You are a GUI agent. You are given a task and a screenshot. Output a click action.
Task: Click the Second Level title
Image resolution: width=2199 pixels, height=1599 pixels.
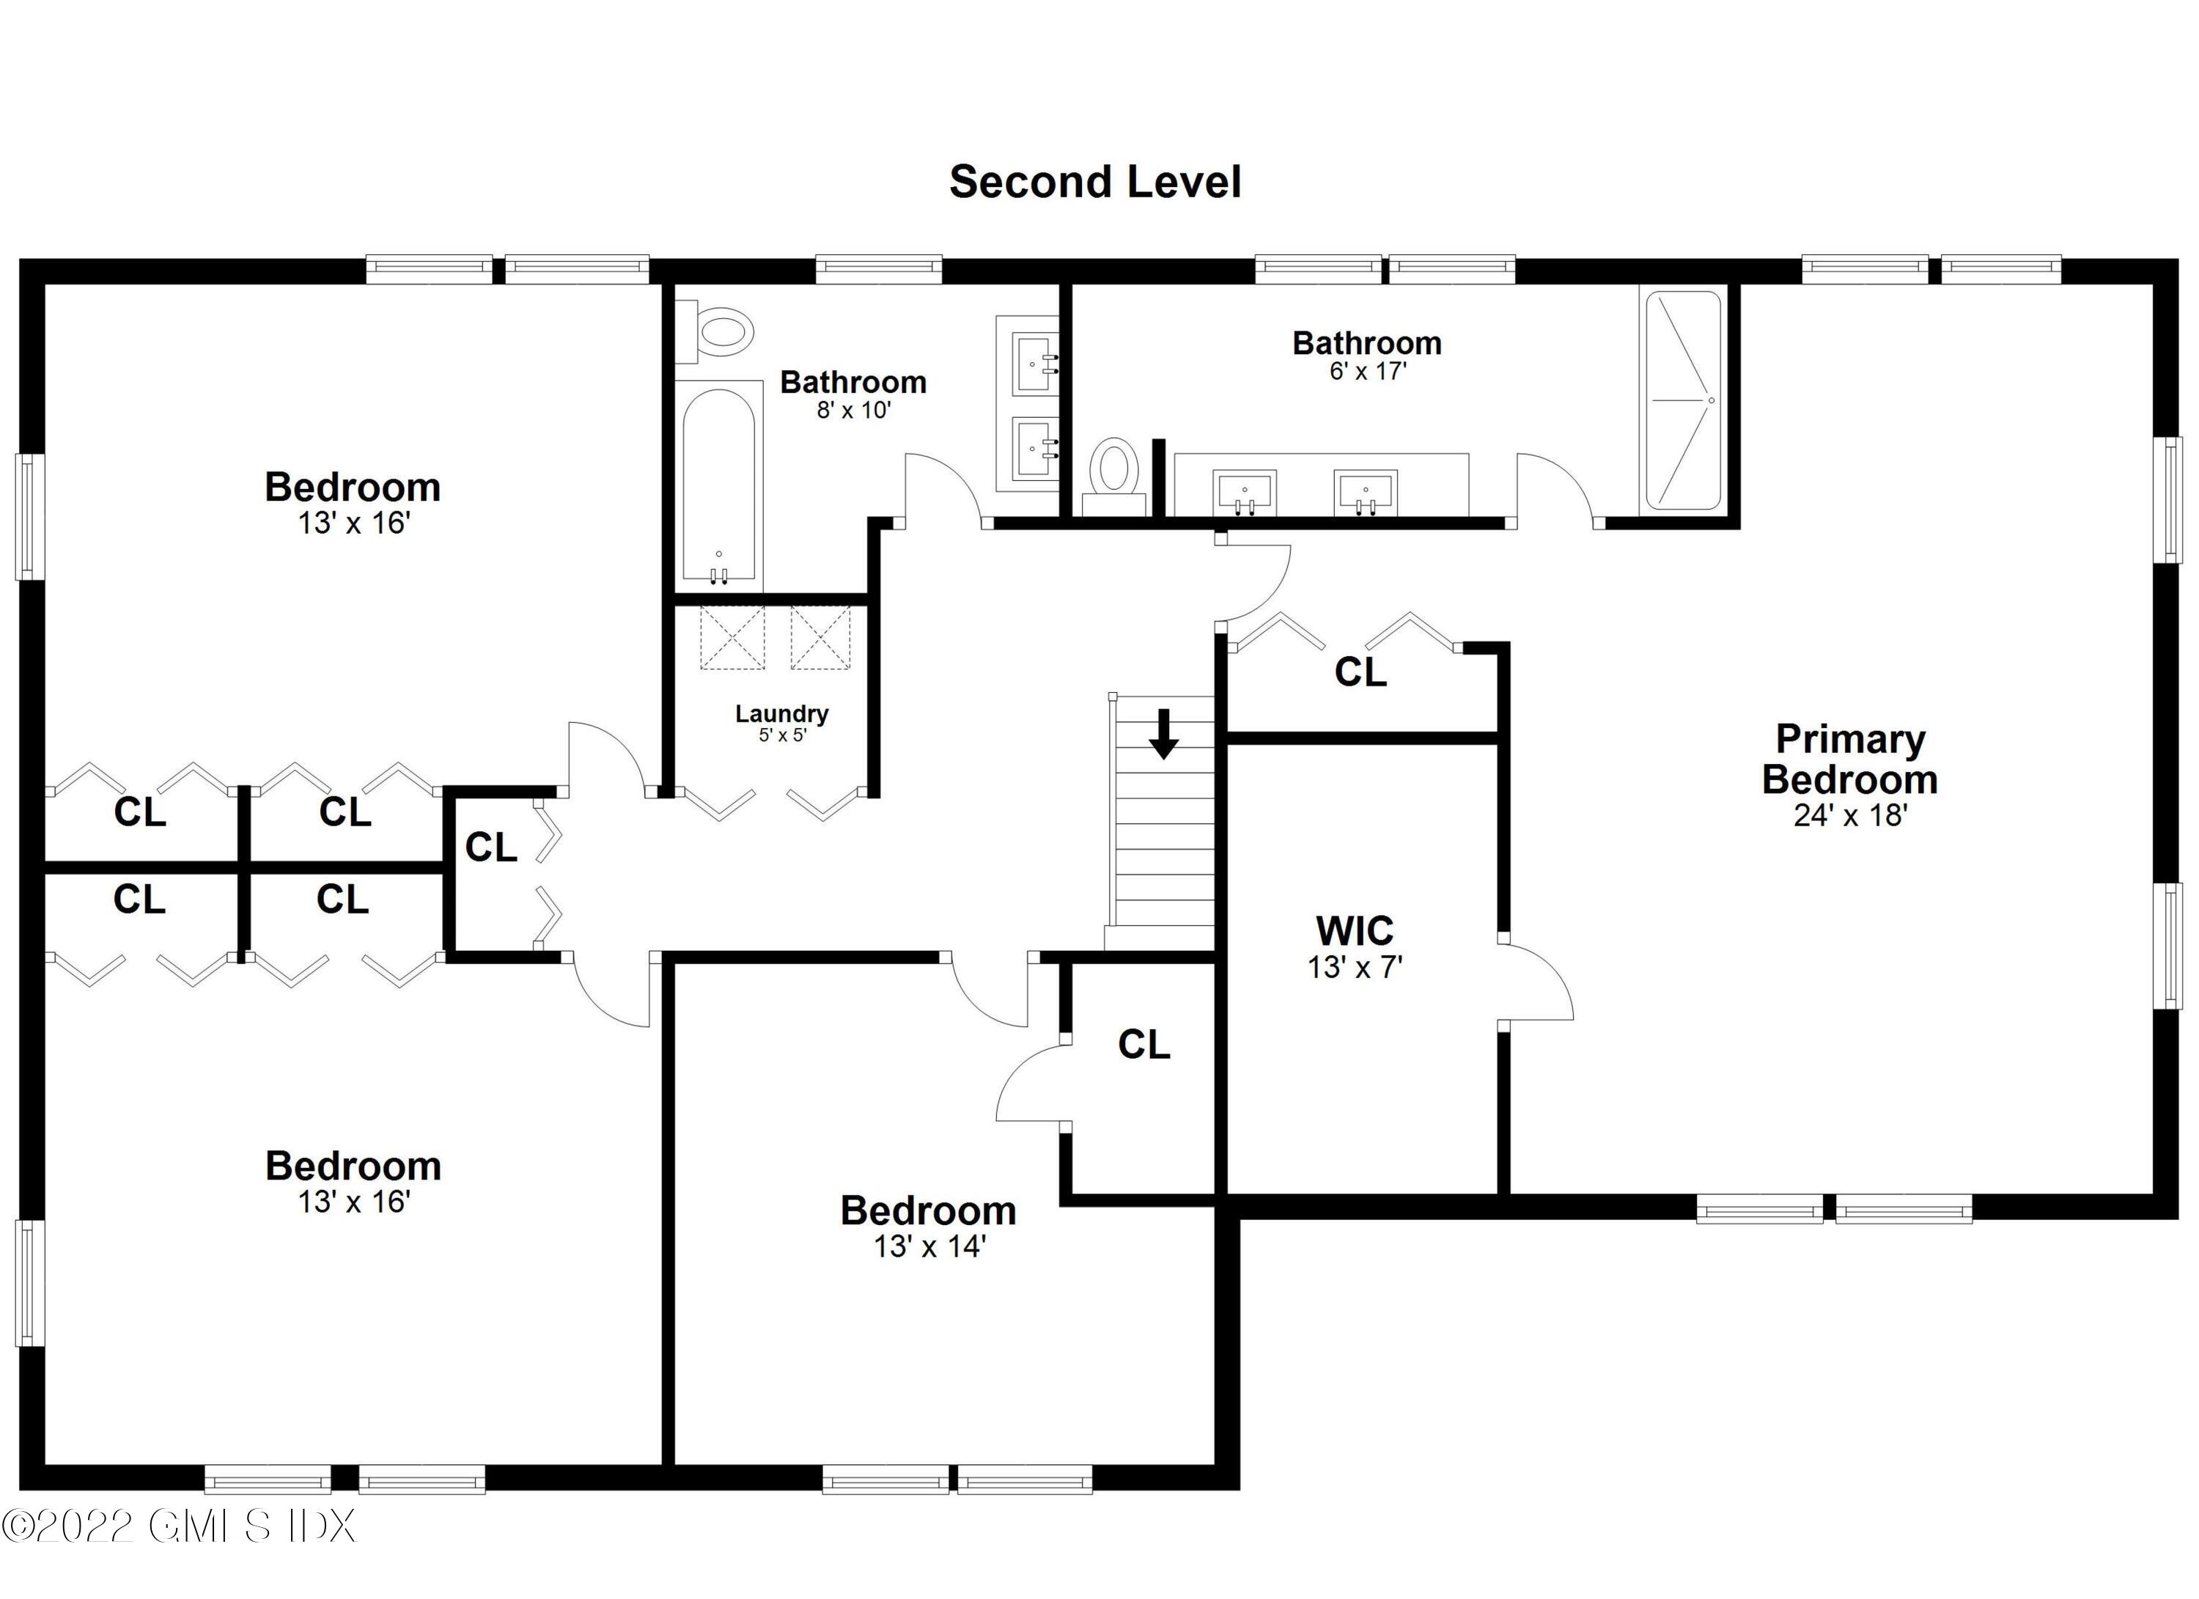point(1094,183)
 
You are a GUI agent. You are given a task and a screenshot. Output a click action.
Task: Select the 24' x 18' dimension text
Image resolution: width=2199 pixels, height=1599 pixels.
point(1850,815)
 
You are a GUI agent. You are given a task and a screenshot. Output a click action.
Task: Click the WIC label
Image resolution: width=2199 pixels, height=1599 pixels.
point(1355,931)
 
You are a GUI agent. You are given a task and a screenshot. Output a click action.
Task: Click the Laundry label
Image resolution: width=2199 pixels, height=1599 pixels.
point(781,713)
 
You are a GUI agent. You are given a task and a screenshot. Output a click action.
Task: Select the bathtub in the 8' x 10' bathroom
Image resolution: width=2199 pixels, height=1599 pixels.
point(718,485)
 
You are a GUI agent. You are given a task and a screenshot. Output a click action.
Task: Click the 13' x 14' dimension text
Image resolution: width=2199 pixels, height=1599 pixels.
point(929,1247)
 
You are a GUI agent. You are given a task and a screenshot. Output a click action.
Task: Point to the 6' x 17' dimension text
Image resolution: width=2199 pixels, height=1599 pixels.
point(1367,372)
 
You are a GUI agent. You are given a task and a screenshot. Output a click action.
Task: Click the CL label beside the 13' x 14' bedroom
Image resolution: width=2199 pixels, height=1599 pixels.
point(1144,1044)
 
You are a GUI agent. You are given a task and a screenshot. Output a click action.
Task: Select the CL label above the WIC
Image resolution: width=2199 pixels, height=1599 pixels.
point(1360,672)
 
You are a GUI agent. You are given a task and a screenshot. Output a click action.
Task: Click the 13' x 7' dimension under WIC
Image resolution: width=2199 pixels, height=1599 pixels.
point(1355,968)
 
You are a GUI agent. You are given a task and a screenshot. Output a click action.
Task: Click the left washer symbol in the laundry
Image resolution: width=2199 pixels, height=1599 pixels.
point(733,637)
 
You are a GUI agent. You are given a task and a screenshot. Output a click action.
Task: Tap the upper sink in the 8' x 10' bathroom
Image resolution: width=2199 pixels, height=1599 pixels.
point(1034,364)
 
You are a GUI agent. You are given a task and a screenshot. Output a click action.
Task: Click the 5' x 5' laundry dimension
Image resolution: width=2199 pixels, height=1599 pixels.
point(781,736)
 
